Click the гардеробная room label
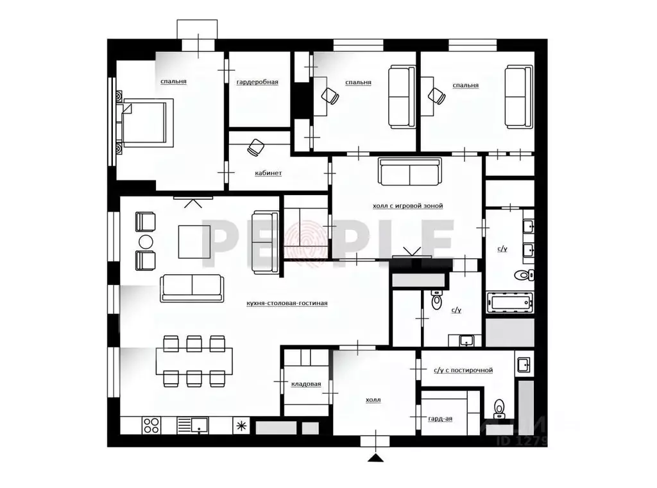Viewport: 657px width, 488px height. coord(257,82)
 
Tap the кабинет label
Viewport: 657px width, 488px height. coord(268,173)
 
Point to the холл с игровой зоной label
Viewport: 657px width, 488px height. coord(407,206)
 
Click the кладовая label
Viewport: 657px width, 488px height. coord(306,384)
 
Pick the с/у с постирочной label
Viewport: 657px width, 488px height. coord(463,370)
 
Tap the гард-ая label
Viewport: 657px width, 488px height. coord(440,419)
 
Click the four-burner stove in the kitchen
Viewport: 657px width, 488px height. coord(151,425)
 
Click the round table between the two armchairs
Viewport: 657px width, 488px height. coord(146,241)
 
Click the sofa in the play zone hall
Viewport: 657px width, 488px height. coord(410,171)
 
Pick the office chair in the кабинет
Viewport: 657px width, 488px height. coord(256,146)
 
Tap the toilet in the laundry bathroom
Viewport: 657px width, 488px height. coord(499,407)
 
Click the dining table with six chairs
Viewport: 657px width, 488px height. coord(194,362)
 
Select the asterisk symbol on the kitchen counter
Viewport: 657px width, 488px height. coord(241,425)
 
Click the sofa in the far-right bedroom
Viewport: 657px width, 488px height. coord(519,96)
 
